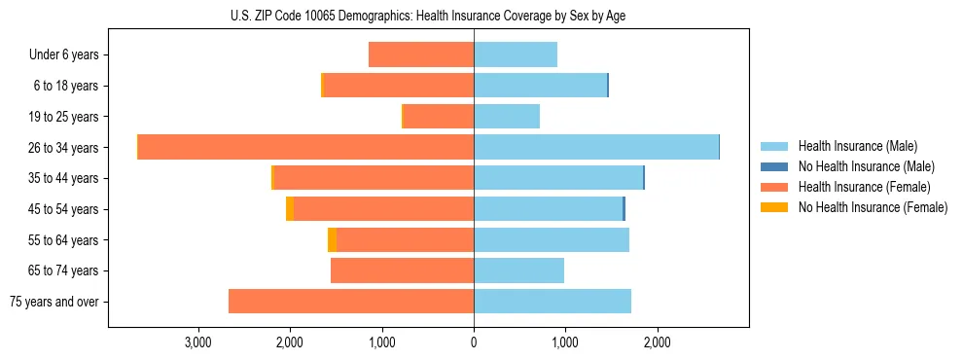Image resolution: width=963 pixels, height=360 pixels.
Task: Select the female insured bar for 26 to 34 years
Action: pyautogui.click(x=305, y=147)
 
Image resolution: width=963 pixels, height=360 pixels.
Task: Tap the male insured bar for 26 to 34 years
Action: pyautogui.click(x=595, y=147)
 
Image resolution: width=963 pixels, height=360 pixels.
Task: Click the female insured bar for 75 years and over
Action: pyautogui.click(x=351, y=302)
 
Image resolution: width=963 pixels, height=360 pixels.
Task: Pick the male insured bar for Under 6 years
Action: pyautogui.click(x=516, y=54)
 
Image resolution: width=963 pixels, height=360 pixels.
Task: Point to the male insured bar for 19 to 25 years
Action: pyautogui.click(x=507, y=117)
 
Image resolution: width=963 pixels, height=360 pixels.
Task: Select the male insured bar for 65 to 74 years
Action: pyautogui.click(x=518, y=270)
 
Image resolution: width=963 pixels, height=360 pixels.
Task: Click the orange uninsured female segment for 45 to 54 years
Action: pyautogui.click(x=290, y=209)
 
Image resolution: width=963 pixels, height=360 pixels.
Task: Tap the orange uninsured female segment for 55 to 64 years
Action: pyautogui.click(x=332, y=240)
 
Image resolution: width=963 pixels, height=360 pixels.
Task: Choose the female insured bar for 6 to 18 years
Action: pyautogui.click(x=399, y=86)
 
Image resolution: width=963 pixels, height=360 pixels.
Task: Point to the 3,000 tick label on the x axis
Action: pyautogui.click(x=197, y=342)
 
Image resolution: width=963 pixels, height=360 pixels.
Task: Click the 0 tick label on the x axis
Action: pyautogui.click(x=474, y=342)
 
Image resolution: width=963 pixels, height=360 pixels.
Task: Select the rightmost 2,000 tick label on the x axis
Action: pyautogui.click(x=657, y=342)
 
